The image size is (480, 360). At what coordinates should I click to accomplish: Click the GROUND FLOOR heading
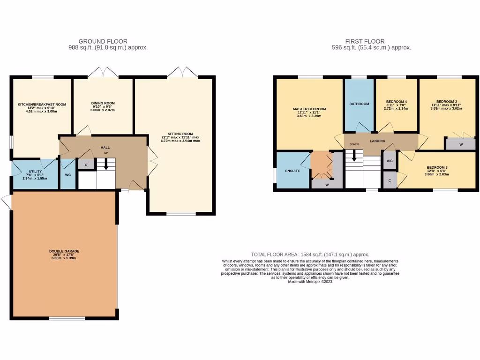click(103, 41)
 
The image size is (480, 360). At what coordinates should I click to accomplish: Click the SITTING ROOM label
click(180, 134)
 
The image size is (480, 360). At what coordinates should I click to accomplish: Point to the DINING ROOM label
click(103, 103)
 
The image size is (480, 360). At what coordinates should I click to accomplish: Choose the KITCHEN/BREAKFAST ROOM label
click(42, 104)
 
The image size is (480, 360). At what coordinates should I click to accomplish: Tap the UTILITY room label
click(35, 172)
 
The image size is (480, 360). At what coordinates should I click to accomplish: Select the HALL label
click(105, 148)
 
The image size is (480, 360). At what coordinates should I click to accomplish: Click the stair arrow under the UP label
click(106, 164)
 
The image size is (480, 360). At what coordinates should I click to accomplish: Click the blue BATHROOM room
click(359, 104)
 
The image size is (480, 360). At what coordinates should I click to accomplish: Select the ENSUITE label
click(292, 171)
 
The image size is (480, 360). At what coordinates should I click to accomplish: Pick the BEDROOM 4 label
click(397, 102)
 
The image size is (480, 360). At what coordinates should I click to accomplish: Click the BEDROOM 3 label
click(437, 168)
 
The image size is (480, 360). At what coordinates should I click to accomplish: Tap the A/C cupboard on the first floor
click(390, 161)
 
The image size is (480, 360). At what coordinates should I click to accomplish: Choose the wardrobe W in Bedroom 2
click(460, 144)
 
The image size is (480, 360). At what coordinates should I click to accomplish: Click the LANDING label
click(378, 141)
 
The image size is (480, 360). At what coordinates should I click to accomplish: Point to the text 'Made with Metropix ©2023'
click(310, 281)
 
